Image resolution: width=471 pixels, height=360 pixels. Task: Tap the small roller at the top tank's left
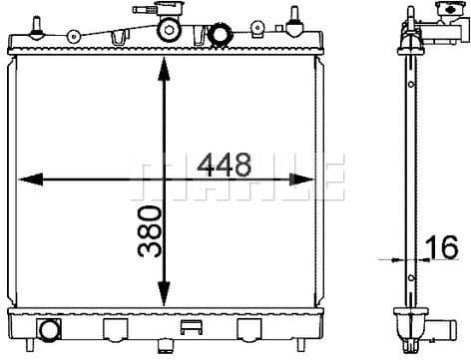74,37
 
